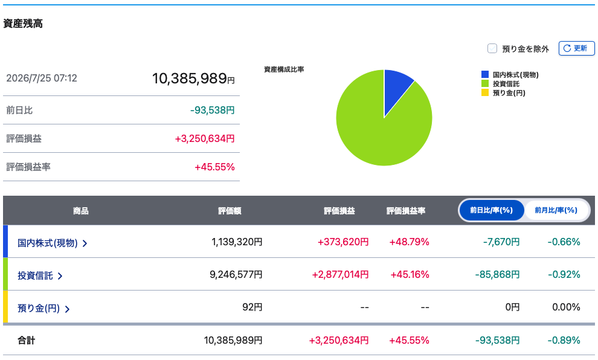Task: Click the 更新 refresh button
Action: (576, 48)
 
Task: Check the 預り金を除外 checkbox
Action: (492, 48)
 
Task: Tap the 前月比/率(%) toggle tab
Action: (556, 210)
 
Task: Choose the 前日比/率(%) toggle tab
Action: (491, 210)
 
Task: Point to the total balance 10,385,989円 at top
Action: (193, 79)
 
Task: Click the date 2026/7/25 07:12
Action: (42, 78)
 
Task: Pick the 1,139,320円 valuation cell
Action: (237, 242)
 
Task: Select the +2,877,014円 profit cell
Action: (340, 275)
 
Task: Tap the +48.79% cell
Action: (409, 242)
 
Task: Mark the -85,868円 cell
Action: (497, 275)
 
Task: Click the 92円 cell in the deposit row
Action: (252, 307)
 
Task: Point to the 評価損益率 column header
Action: (406, 211)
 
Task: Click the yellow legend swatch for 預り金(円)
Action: (484, 92)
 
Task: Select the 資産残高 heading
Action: (23, 24)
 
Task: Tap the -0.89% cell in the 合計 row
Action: (564, 340)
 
